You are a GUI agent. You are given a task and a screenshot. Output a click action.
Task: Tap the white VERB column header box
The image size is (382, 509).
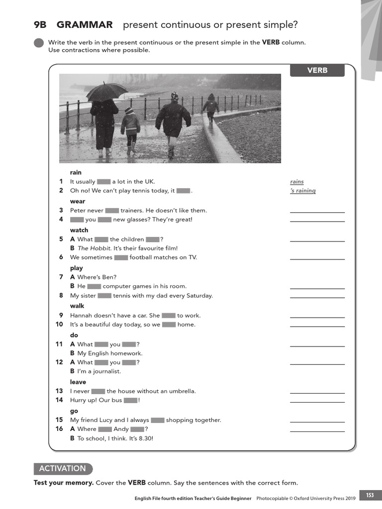pos(317,70)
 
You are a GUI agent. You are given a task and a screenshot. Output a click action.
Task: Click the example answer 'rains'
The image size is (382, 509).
pos(297,182)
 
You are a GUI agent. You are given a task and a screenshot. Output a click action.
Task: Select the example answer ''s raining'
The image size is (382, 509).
pos(303,191)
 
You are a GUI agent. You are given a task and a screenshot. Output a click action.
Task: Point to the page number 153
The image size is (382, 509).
pos(370,495)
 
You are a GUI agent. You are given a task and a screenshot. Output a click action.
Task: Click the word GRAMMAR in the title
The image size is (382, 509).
pos(85,25)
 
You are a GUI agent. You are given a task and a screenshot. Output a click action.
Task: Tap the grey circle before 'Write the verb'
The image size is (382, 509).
pos(39,43)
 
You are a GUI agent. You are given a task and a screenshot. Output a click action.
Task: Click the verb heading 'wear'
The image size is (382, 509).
pos(78,201)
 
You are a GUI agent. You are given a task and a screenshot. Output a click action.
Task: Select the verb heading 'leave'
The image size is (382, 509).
pos(78,382)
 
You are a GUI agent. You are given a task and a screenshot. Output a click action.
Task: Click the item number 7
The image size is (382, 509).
pos(61,277)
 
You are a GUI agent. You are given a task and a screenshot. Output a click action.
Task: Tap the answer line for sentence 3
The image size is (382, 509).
pos(317,212)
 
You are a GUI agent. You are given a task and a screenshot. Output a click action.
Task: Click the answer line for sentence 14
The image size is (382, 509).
pos(317,402)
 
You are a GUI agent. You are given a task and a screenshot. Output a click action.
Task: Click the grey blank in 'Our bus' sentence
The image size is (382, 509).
pos(130,401)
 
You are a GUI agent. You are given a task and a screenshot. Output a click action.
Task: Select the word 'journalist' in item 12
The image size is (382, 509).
pos(105,371)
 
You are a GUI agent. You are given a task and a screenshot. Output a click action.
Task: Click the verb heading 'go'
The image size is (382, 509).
pos(74,411)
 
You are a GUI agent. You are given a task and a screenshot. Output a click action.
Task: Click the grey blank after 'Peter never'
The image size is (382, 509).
pos(112,211)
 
